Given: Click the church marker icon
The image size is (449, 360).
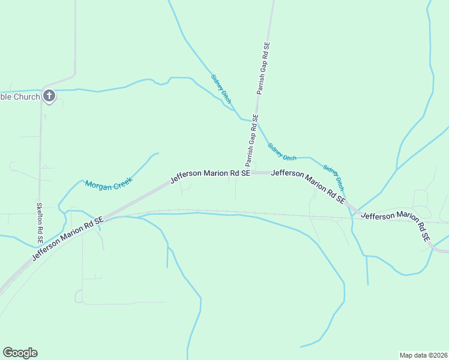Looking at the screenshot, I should pos(49,95).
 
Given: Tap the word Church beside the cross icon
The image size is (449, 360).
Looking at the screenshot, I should pos(27,96).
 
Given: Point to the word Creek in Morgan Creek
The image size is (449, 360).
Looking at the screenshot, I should pos(122,181).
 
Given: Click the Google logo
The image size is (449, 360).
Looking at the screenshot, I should pos(20,353).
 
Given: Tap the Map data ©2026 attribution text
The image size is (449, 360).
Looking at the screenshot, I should pos(423,355).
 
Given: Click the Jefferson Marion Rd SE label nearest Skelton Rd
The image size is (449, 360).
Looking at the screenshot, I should pos(68,238).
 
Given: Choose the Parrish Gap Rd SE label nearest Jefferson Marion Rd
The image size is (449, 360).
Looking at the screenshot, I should pos(251,140).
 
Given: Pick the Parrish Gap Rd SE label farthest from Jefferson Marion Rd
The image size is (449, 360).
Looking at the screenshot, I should pos(264,68).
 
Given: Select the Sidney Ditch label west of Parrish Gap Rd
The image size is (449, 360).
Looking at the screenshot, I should pos(221,88).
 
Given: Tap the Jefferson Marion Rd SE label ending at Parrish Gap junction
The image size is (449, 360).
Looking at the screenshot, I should pos(210,173).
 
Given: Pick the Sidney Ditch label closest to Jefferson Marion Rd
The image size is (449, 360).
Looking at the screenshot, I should pos(334,175).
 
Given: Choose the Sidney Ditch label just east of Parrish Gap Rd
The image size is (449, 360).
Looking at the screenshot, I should pos(282,151).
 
